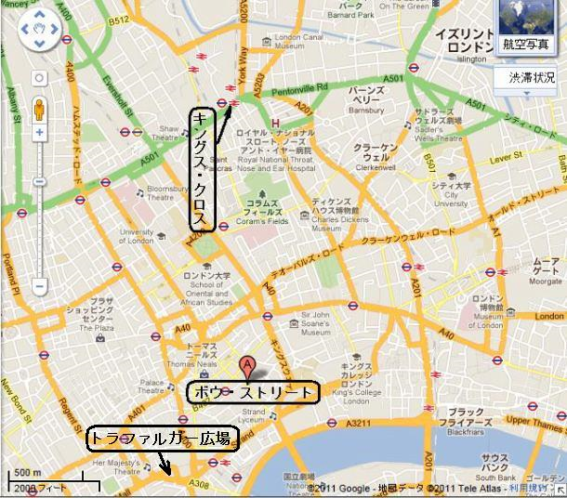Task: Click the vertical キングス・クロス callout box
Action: pos(202,168)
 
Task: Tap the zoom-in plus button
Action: pos(40,133)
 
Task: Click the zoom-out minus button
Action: pos(40,287)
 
